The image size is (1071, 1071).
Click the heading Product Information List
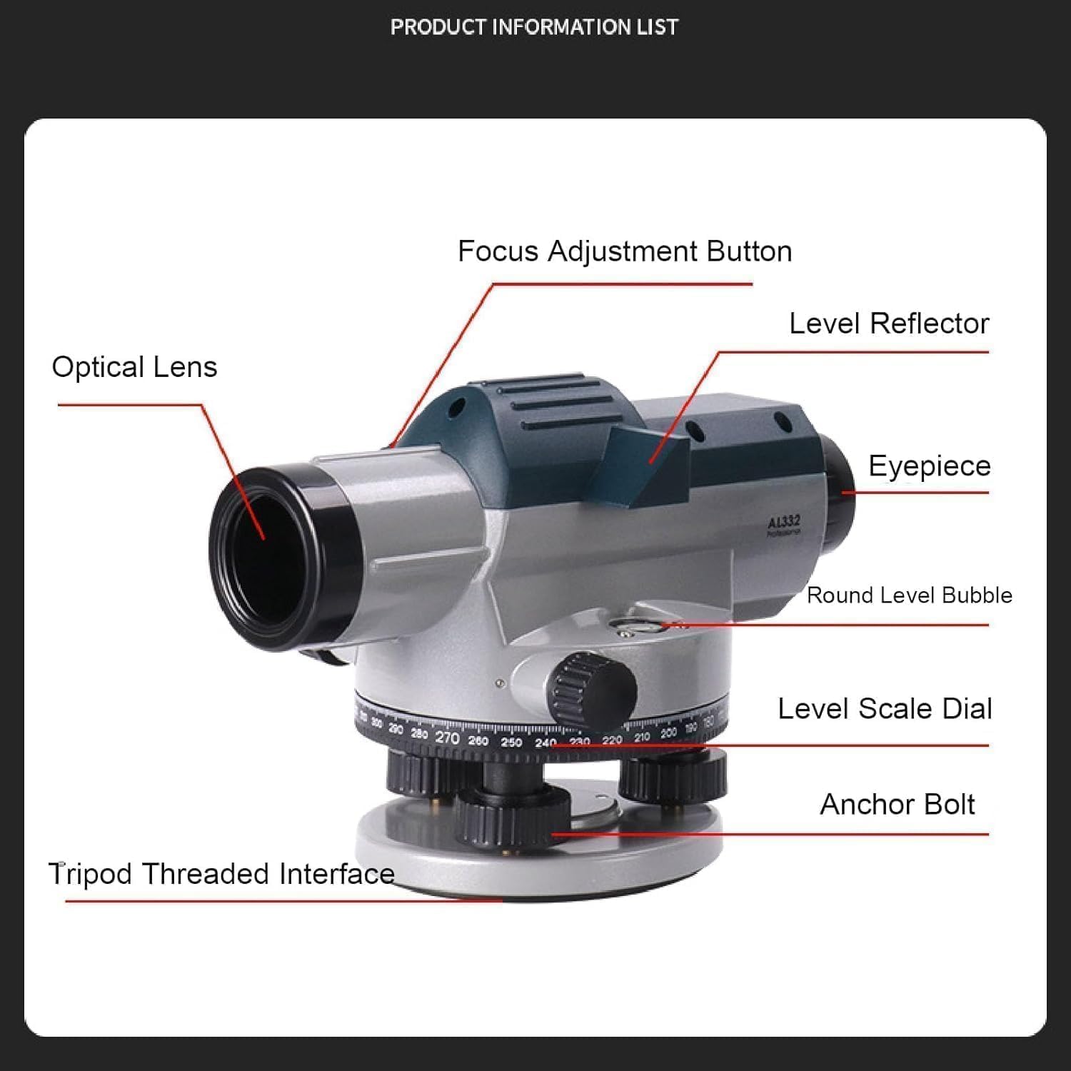(534, 27)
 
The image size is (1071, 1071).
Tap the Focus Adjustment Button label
(624, 252)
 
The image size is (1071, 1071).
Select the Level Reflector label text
(888, 324)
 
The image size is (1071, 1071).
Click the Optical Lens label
(134, 367)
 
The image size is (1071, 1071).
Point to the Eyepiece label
(929, 466)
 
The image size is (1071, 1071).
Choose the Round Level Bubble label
(909, 595)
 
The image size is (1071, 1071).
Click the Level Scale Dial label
(885, 709)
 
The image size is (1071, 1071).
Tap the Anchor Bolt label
(897, 805)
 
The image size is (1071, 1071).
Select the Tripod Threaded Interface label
(221, 874)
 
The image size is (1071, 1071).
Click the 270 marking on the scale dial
(447, 738)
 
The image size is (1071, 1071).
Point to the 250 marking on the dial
(511, 743)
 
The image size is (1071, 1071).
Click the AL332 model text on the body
(784, 523)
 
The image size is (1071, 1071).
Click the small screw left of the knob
(501, 683)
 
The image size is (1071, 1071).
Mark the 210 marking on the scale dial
(641, 737)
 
